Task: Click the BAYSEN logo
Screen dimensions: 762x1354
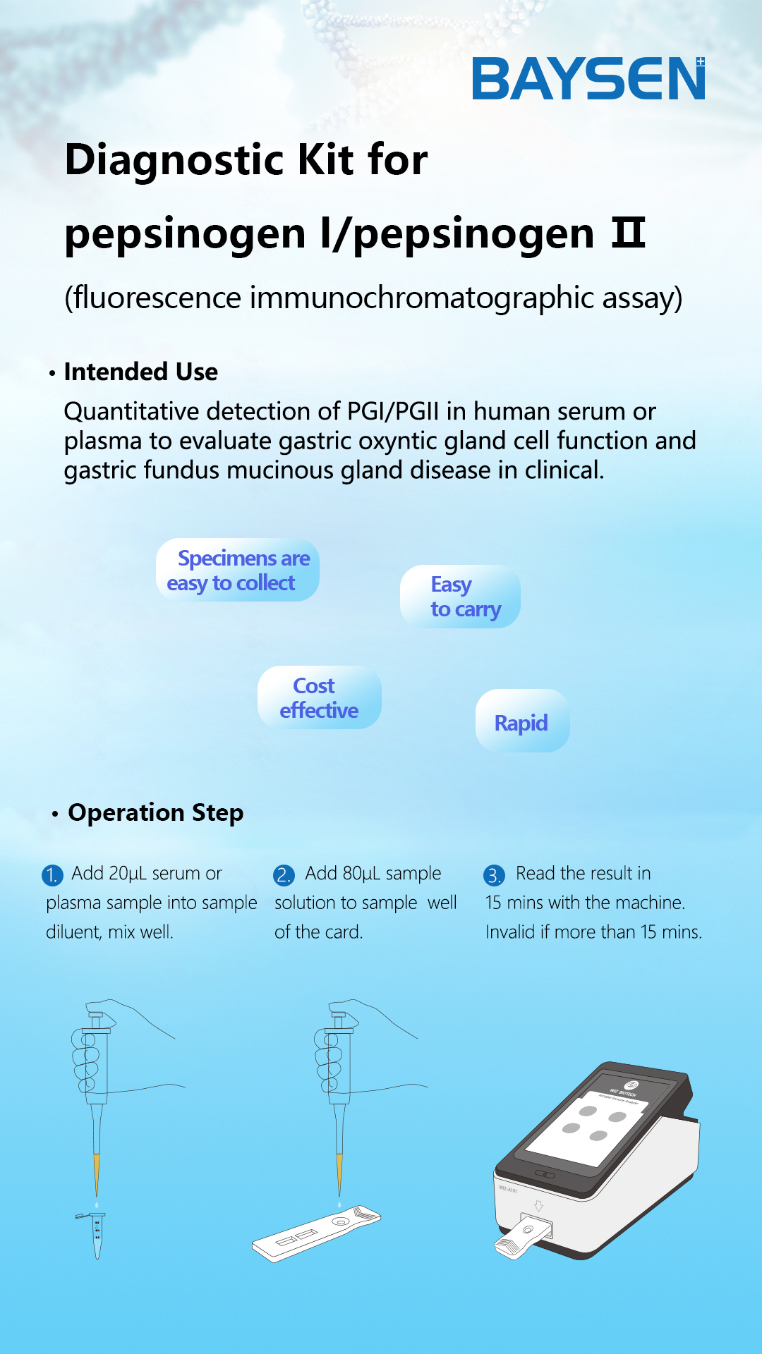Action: [x=588, y=78]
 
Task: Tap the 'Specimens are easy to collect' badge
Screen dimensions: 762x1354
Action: [x=238, y=570]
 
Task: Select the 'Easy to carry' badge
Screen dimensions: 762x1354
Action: [x=460, y=597]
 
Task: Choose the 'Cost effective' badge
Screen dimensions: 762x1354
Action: [x=320, y=697]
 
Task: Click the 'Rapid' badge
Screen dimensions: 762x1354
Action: [x=522, y=721]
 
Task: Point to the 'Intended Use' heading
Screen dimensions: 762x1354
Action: [x=141, y=372]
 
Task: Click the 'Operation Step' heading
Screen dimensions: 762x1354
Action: [x=156, y=812]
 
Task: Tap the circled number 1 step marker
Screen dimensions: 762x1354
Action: [x=52, y=875]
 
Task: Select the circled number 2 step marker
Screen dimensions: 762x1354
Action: [x=284, y=875]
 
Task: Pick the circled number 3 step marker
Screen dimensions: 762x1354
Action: [x=494, y=875]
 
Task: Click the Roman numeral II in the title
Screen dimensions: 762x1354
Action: [x=628, y=233]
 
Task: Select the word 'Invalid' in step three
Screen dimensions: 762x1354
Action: [x=510, y=932]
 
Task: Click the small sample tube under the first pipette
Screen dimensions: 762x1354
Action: [x=96, y=1235]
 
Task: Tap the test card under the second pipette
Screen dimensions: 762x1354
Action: [x=317, y=1233]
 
